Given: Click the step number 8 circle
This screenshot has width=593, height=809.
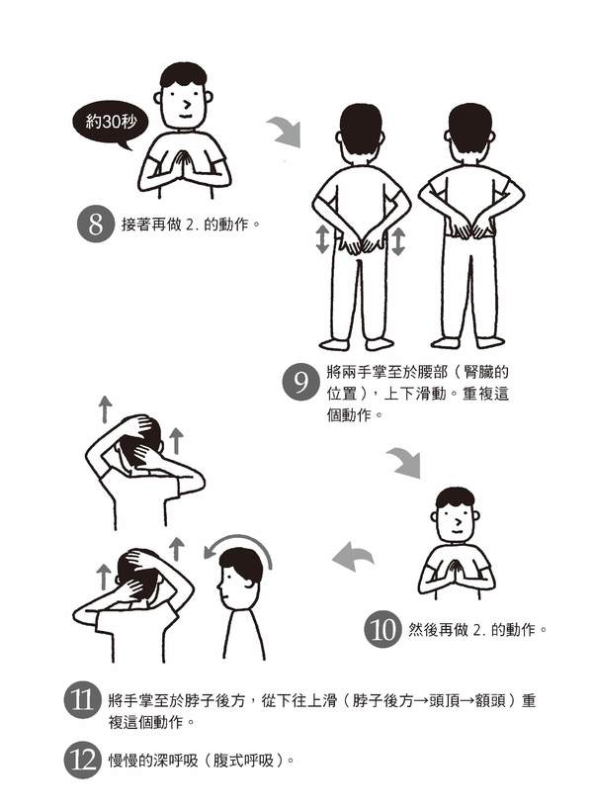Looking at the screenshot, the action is coord(95,225).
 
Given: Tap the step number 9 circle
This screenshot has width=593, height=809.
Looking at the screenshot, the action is coord(300,383).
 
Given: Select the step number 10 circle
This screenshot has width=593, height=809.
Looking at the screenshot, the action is coord(382,629).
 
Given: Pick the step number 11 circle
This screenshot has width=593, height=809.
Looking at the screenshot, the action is coord(82,700).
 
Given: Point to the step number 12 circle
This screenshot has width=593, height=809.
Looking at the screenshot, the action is coord(82,760).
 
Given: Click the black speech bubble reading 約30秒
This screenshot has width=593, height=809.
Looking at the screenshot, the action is coord(111,124).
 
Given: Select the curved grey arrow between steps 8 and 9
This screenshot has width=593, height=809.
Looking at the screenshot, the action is coord(285,131).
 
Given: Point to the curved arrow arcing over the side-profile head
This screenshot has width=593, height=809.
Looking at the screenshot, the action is coord(238,541).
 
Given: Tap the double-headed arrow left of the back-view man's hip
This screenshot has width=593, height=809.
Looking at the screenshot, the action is coord(322,239).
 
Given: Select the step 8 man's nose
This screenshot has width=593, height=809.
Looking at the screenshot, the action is coord(187,105).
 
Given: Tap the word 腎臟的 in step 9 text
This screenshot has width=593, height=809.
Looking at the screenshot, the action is coord(486,372).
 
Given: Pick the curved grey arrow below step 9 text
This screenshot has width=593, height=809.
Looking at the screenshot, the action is coord(405,462).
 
